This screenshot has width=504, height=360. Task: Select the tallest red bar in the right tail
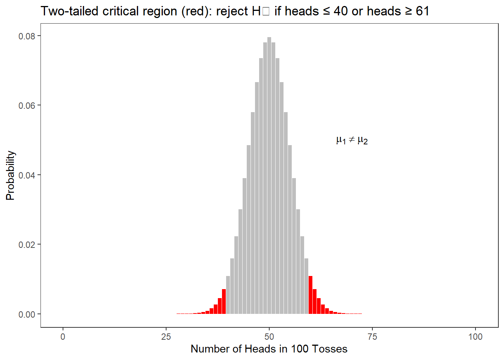(x=310, y=295)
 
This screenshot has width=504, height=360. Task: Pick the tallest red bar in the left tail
(x=224, y=301)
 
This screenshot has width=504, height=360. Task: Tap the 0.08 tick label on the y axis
(x=27, y=36)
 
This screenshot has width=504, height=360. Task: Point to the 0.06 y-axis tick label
(x=27, y=106)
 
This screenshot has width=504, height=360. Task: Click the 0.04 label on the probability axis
(x=27, y=175)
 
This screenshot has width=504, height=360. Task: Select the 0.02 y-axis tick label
(x=27, y=245)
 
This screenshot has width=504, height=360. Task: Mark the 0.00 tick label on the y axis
(x=27, y=315)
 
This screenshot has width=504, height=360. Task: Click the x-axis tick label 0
(x=63, y=337)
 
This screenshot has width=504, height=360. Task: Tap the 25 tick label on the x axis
(x=166, y=337)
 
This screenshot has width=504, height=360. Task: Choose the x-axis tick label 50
(x=269, y=337)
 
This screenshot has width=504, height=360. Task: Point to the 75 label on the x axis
(x=372, y=337)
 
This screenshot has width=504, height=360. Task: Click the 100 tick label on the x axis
(x=475, y=337)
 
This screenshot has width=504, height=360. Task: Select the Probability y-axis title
(x=10, y=175)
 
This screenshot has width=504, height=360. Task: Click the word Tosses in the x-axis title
(x=330, y=349)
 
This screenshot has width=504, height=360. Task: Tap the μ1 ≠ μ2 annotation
(x=352, y=140)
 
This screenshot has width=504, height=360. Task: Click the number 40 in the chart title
(x=341, y=11)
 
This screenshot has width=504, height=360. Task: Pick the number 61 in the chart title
(x=423, y=11)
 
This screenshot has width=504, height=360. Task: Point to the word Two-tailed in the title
(x=70, y=11)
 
